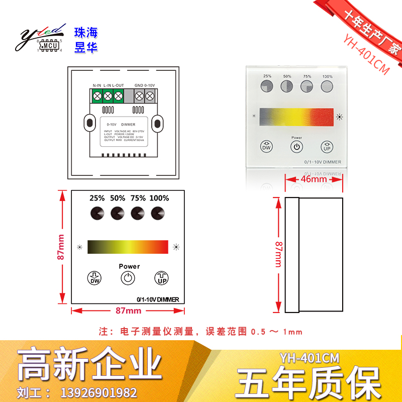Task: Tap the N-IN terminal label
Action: [97, 85]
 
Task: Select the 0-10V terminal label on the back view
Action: [150, 85]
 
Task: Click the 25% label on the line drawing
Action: [97, 198]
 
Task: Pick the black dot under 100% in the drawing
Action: [158, 213]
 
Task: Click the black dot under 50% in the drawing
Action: [118, 213]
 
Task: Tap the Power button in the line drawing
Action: [129, 278]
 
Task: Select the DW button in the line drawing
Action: [94, 278]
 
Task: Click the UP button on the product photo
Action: [327, 147]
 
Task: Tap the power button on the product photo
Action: [296, 147]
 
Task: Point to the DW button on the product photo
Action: [266, 147]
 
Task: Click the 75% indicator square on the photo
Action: [307, 86]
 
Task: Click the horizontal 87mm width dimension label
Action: [128, 311]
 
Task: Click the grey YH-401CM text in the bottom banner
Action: [310, 358]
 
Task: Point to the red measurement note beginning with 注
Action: [201, 332]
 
